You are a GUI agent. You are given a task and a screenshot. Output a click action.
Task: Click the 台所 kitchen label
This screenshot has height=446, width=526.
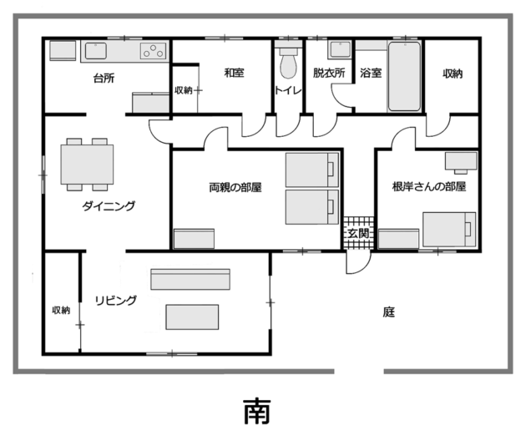104,79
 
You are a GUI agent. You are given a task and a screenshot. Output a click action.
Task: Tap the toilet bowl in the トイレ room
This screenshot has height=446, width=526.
289,64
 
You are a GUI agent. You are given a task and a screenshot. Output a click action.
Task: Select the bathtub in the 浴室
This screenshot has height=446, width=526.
404,76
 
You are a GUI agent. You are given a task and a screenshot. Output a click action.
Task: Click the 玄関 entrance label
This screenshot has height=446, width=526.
358,233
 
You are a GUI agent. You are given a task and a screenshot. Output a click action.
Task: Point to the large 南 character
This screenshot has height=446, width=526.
257,411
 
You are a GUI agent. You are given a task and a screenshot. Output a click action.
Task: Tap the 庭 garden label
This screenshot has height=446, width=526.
389,312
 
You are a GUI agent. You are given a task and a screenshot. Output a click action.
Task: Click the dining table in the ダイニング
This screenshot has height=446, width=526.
87,165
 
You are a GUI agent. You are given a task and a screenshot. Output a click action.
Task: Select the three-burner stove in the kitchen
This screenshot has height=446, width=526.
154,51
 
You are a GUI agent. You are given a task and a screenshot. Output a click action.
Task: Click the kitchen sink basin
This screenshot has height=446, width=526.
96,51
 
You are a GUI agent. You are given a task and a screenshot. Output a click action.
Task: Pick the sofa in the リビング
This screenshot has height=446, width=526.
190,279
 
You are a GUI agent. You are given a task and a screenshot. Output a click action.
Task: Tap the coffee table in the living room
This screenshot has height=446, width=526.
192,317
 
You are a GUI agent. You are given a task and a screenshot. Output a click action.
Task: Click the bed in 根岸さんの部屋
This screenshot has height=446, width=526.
449,229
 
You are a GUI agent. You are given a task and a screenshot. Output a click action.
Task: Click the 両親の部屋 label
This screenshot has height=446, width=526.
235,187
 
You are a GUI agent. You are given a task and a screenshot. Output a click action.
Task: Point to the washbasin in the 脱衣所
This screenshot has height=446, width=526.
340,50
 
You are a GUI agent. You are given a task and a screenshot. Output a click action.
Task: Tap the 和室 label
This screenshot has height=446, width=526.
234,73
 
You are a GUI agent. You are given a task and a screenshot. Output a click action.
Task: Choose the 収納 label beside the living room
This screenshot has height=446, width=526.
61,310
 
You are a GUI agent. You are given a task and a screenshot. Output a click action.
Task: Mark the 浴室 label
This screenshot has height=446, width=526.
371,73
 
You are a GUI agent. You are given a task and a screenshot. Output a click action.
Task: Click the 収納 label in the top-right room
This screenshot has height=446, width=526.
453,73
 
